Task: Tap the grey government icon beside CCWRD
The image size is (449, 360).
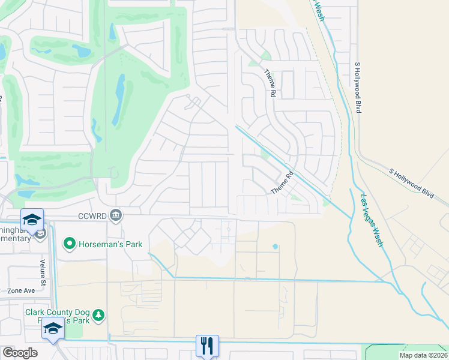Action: tap(116, 214)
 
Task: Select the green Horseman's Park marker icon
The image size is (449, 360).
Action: tap(70, 244)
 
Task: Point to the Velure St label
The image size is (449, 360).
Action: tap(43, 265)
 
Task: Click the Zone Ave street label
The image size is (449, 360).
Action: tap(21, 290)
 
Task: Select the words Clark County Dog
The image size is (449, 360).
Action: tap(57, 311)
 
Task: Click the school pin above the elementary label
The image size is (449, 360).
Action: tap(32, 219)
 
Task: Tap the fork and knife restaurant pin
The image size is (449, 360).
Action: tap(207, 346)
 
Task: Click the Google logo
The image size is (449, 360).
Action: tap(20, 353)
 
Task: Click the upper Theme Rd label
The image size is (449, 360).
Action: tap(271, 82)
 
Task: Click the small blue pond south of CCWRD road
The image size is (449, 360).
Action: tap(276, 246)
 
